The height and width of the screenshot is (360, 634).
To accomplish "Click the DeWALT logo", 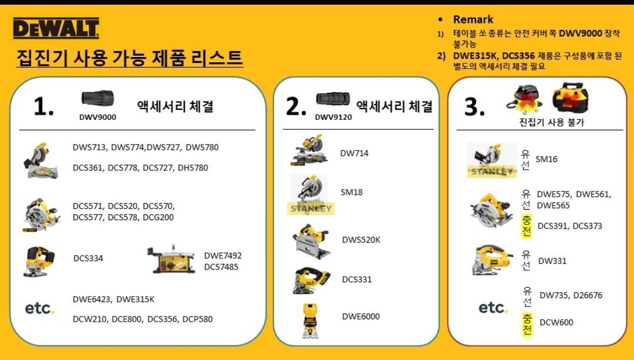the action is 56,28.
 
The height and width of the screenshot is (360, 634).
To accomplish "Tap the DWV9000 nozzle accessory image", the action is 97,98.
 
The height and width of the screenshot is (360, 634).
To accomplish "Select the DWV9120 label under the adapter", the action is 333,117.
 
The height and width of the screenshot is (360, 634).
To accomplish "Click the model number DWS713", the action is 90,147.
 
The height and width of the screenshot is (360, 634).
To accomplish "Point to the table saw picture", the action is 171,259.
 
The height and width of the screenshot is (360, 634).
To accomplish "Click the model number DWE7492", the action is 223,255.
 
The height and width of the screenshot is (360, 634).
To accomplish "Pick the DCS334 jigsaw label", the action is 88,258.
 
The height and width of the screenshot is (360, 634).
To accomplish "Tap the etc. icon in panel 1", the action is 39,309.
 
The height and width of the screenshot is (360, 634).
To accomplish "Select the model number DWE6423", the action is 93,300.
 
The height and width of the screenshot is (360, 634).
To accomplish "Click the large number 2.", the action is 296,107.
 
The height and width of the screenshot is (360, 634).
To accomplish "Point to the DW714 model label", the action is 354,153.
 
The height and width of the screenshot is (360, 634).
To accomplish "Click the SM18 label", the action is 352,192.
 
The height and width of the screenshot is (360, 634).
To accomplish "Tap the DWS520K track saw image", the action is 311,241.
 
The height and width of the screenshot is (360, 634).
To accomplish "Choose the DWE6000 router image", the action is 311,320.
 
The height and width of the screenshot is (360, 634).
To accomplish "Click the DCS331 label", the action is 357,279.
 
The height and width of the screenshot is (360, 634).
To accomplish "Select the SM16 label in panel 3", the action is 547,159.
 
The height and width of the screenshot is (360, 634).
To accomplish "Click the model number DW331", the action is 552,261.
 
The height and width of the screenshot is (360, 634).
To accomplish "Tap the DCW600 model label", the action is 557,322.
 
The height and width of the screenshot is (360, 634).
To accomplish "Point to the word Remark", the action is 473,19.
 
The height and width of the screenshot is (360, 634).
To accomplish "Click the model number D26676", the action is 588,295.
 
